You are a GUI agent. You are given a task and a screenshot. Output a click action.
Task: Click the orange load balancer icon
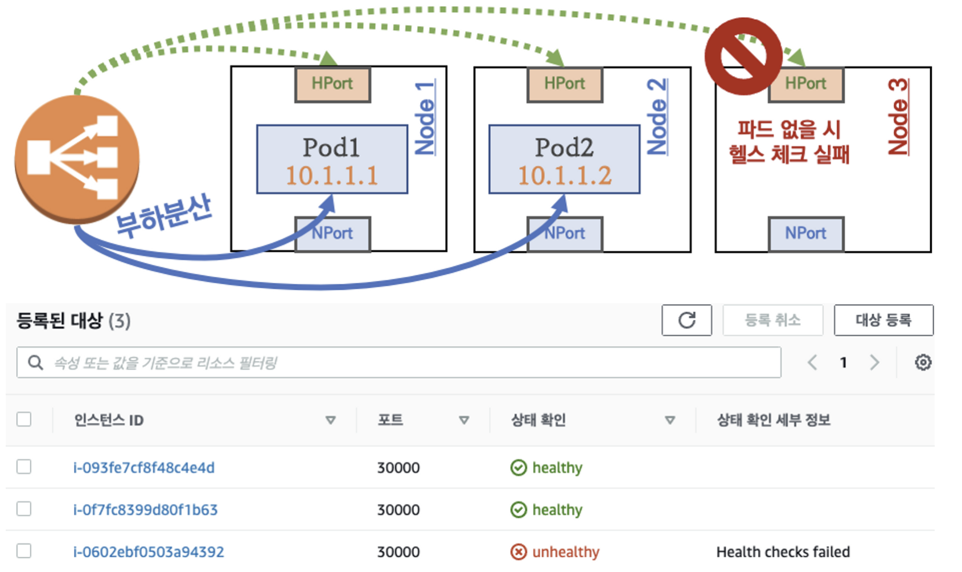coord(77,158)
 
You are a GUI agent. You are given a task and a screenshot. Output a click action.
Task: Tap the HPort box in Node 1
coord(332,84)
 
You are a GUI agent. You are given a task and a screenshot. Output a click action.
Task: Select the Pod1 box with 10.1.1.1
coord(332,160)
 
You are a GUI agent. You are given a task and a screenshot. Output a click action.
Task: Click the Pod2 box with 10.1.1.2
coord(564,160)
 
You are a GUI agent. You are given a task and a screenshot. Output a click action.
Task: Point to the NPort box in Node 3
coord(805,234)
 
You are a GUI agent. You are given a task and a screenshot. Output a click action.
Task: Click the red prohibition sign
coord(743,56)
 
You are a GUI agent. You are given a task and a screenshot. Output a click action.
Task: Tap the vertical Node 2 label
coord(657,117)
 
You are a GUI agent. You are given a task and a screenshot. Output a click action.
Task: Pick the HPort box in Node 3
coord(805,84)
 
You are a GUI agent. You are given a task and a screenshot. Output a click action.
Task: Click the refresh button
coord(686,320)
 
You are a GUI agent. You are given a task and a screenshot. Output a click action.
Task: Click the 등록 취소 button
coord(772,320)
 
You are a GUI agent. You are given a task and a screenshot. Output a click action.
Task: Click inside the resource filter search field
coord(398,362)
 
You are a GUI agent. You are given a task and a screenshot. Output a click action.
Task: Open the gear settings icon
coord(923,362)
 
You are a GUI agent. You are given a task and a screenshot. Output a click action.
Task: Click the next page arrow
coord(874,362)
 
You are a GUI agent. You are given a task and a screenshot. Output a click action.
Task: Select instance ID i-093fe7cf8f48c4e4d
coord(144,468)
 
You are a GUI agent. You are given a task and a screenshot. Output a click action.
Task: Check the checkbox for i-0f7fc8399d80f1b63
coord(24,509)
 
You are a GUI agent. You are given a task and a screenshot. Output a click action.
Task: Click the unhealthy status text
coord(565,552)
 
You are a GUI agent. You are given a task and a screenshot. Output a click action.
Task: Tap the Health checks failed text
coord(783,552)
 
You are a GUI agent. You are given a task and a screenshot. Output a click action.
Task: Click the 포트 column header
coord(390,420)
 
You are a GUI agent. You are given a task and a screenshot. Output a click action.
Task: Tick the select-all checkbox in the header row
coord(24,420)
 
